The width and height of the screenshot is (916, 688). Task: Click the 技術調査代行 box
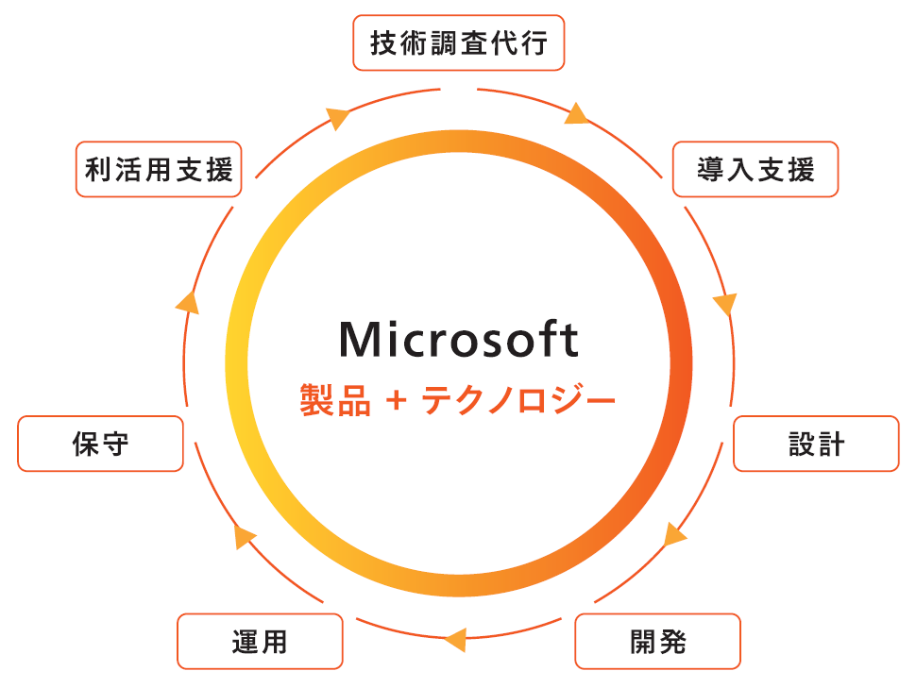458,42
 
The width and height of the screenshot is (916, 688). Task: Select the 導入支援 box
755,169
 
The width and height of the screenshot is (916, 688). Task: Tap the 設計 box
816,444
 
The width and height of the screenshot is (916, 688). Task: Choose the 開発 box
657,642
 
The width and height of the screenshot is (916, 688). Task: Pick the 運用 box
260,642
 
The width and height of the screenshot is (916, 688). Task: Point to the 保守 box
100,444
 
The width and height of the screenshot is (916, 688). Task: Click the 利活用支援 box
158,169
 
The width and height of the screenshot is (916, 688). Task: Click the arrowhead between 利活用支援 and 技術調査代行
337,117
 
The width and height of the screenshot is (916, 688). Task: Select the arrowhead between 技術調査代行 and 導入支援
577,114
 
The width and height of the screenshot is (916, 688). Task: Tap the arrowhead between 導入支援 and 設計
724,304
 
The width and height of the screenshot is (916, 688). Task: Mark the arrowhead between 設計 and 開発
674,535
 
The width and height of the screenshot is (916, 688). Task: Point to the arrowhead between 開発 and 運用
455,639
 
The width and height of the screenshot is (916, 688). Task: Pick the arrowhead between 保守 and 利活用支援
188,302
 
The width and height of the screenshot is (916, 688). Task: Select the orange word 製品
328,399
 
